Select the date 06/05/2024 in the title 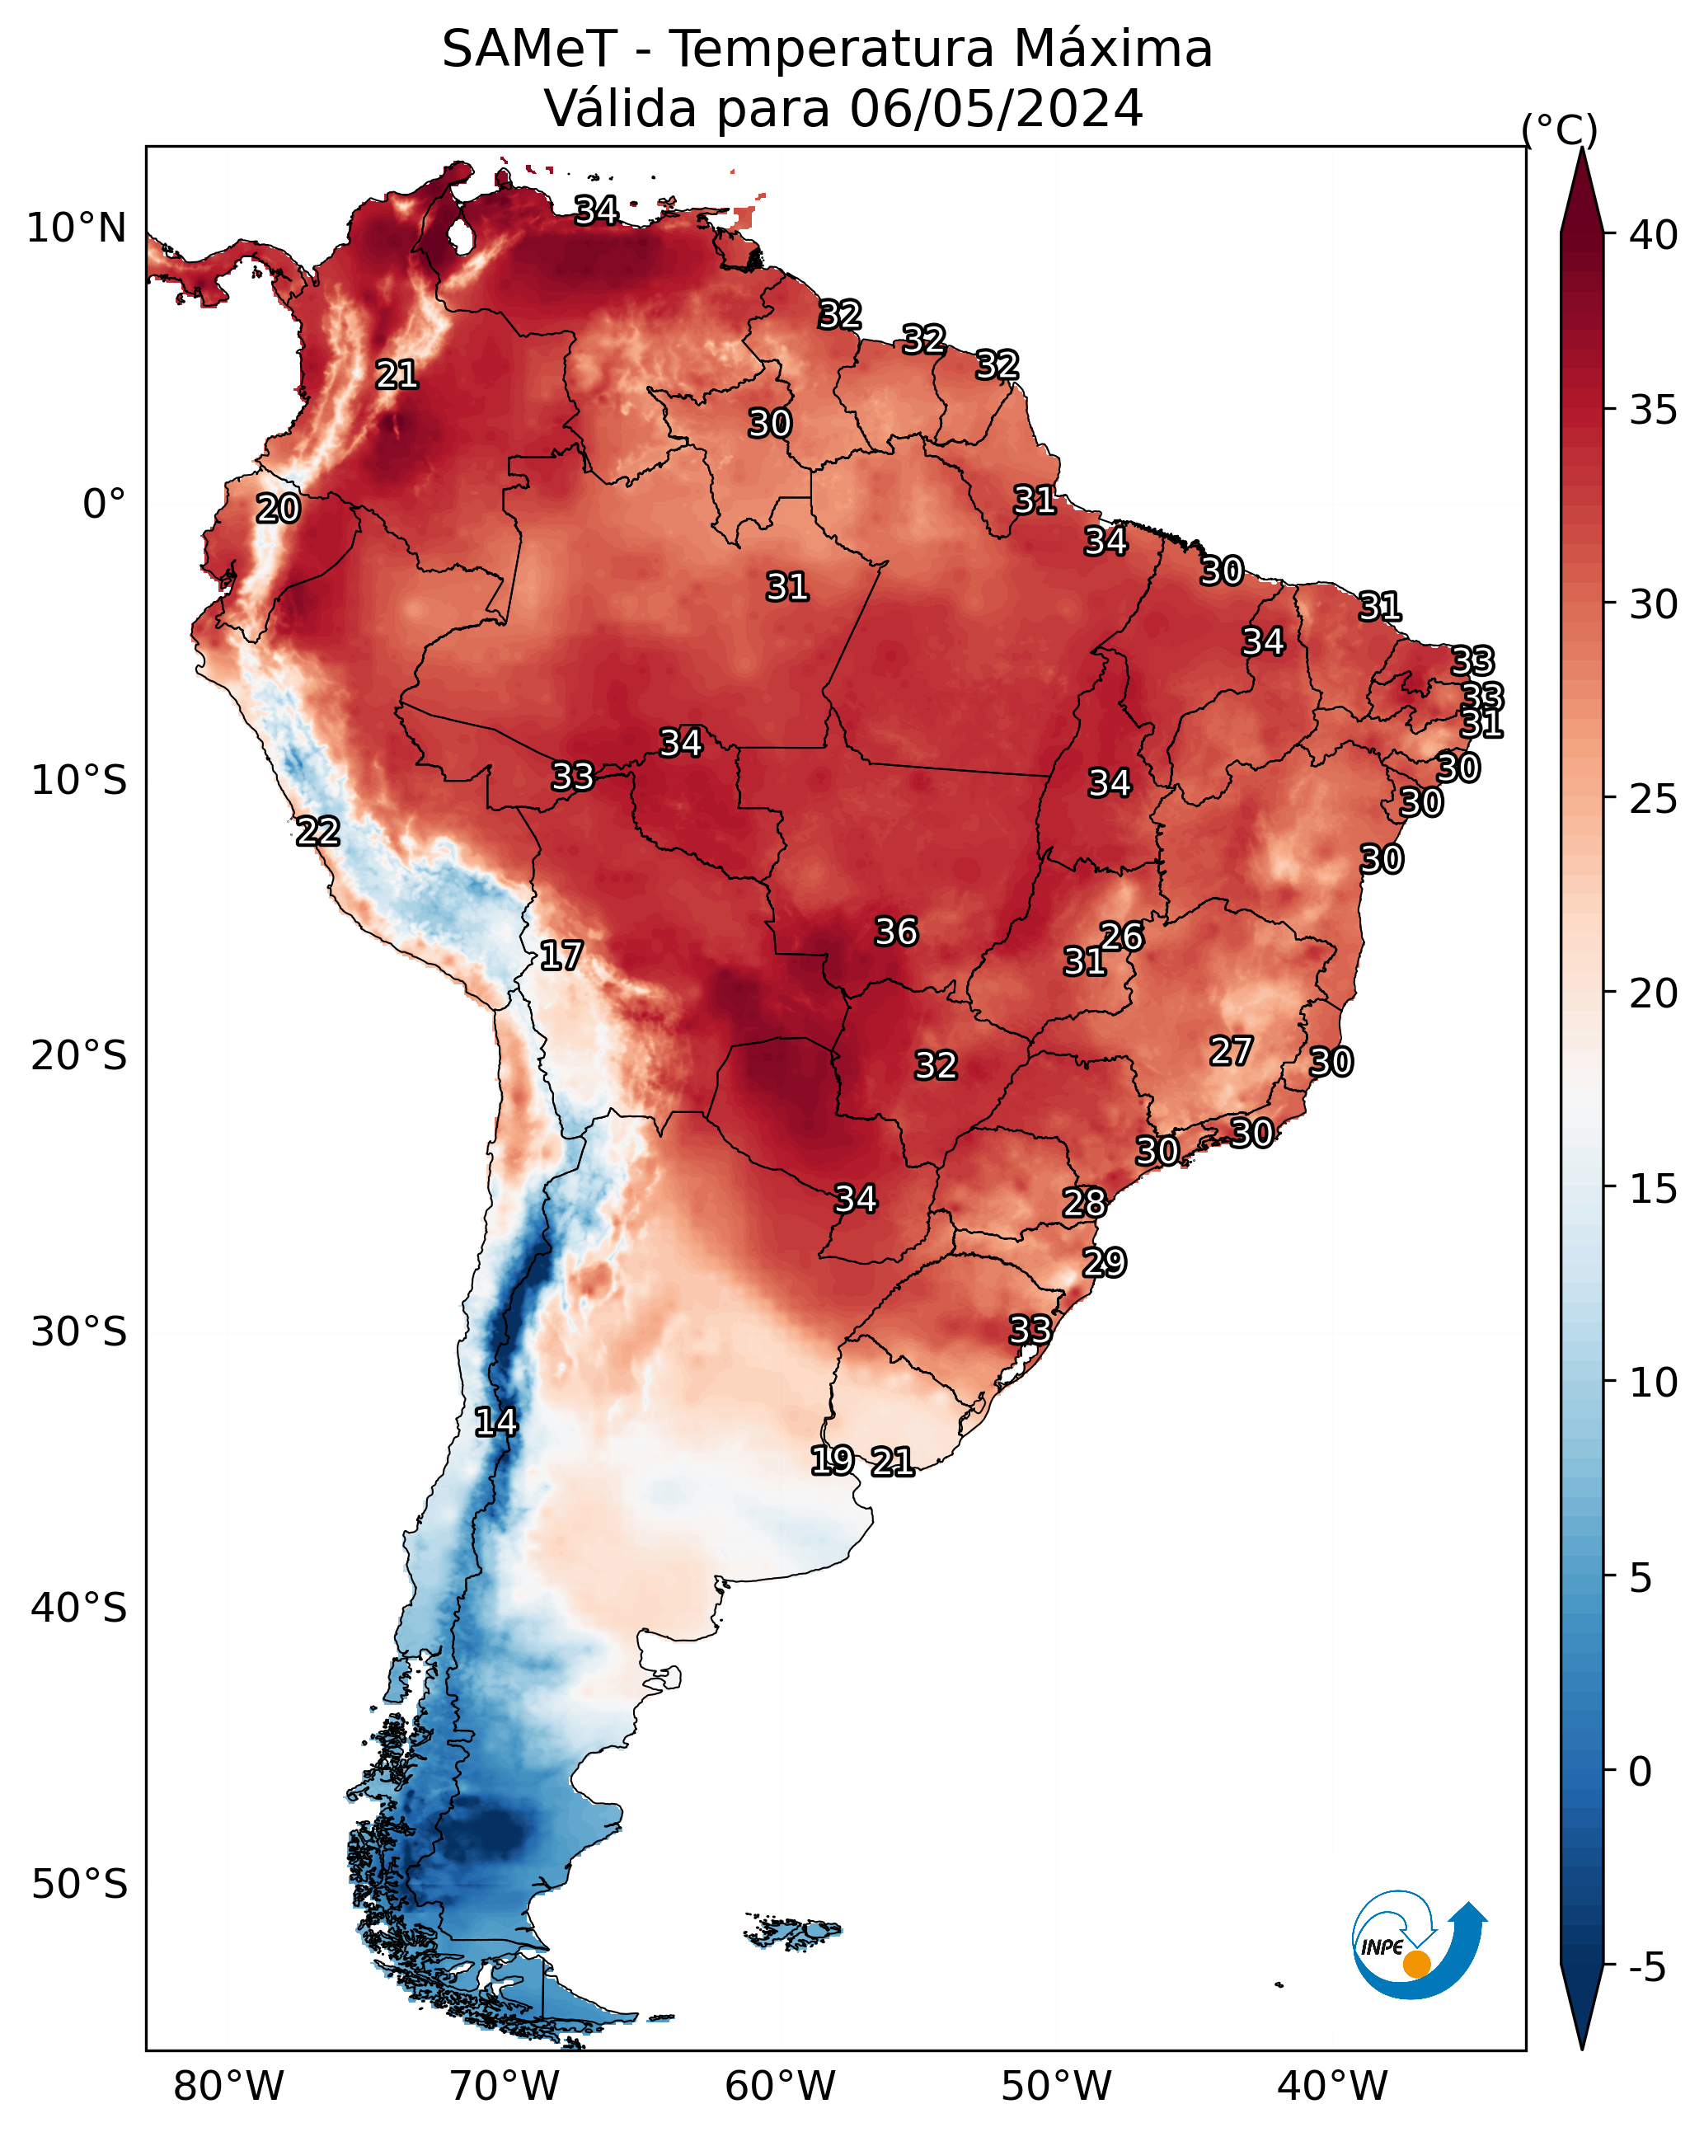[996, 109]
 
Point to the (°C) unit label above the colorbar [1559, 129]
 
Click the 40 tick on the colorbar [1653, 235]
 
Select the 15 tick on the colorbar [1653, 1189]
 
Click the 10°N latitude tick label [76, 228]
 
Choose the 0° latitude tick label [104, 505]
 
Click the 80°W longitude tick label [228, 2087]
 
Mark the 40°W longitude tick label [1332, 2087]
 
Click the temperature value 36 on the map [896, 932]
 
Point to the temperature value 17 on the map [561, 956]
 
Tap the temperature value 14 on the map [495, 1423]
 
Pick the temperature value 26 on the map [1121, 937]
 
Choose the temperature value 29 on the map [1104, 1263]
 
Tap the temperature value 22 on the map [317, 832]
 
